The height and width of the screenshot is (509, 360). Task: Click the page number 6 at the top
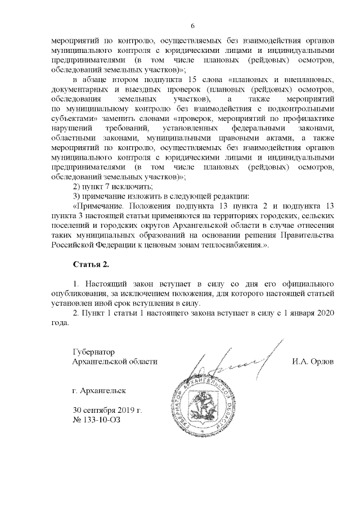(x=192, y=26)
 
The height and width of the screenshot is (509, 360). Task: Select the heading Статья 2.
(x=90, y=264)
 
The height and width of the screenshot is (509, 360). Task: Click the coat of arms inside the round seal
(x=211, y=411)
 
